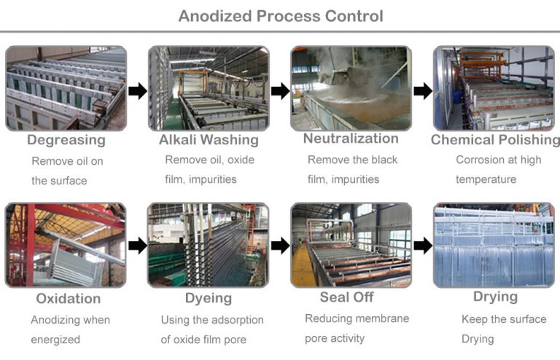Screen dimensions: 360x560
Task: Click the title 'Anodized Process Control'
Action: pos(281,15)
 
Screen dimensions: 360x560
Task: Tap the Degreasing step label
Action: pos(66,140)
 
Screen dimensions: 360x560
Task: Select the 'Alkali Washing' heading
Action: pos(209,140)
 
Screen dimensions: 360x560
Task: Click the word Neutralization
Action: pos(351,138)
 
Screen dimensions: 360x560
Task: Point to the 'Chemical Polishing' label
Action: pos(495,140)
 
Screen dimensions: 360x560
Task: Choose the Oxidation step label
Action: pos(69,299)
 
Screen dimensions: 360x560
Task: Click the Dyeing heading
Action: pos(209,298)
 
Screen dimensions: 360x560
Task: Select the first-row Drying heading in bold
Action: pos(495,297)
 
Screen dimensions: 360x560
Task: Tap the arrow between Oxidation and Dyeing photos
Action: pos(137,246)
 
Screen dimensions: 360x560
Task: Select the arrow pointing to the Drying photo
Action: pos(423,246)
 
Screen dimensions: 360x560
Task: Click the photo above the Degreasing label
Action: pos(66,88)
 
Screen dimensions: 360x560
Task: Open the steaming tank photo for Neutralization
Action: pos(351,88)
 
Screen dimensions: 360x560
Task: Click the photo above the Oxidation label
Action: pos(66,245)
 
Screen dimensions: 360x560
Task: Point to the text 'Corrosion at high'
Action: pos(499,160)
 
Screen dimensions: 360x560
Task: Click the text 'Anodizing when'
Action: pos(71,320)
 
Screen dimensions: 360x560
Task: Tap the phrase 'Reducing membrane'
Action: pos(357,318)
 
